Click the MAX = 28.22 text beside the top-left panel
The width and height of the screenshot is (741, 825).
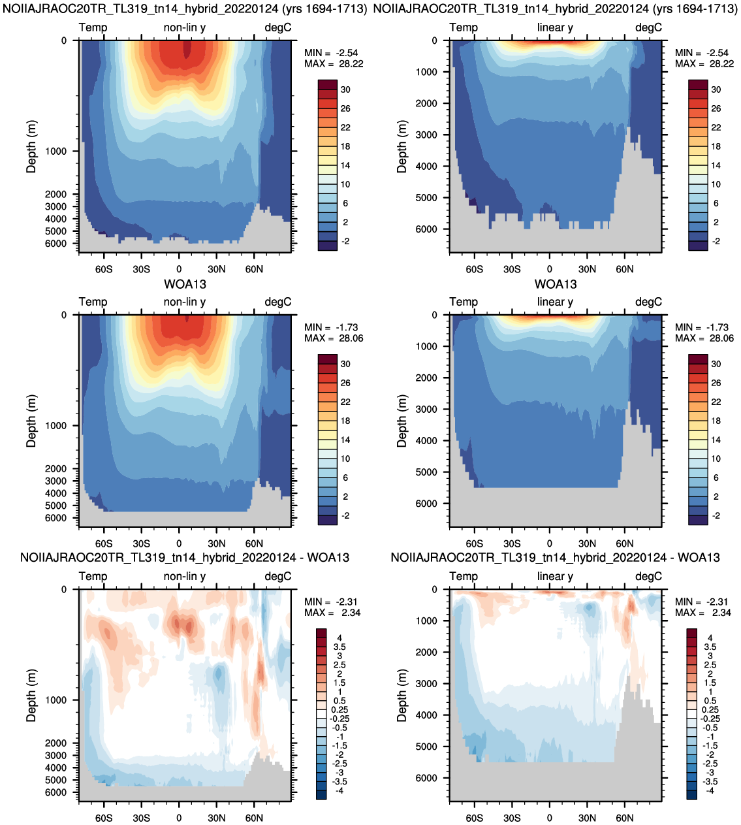coord(334,64)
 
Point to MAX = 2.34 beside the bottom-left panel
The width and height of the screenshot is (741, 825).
coord(332,613)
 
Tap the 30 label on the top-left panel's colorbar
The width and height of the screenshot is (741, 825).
coord(345,89)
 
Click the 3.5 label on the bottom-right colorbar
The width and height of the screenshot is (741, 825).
coord(710,647)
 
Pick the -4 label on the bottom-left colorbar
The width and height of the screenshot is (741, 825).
coord(339,791)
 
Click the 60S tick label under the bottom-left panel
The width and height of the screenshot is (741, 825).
coord(104,818)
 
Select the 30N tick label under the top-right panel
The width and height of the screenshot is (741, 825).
coord(587,269)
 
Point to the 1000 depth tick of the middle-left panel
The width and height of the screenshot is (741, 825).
coord(56,426)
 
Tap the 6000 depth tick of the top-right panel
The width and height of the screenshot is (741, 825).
coord(426,229)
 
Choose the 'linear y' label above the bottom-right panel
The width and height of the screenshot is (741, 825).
coord(555,577)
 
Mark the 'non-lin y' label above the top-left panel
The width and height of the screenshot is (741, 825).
coord(185,27)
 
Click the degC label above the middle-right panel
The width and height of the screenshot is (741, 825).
coord(648,302)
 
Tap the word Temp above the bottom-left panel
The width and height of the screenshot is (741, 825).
coord(93,577)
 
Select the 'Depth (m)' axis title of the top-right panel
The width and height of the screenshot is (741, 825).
coord(402,146)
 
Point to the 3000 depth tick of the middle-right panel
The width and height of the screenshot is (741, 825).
coord(426,409)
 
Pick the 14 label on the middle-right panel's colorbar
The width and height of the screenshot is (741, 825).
coord(716,440)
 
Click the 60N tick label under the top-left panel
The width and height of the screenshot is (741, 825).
coord(254,269)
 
